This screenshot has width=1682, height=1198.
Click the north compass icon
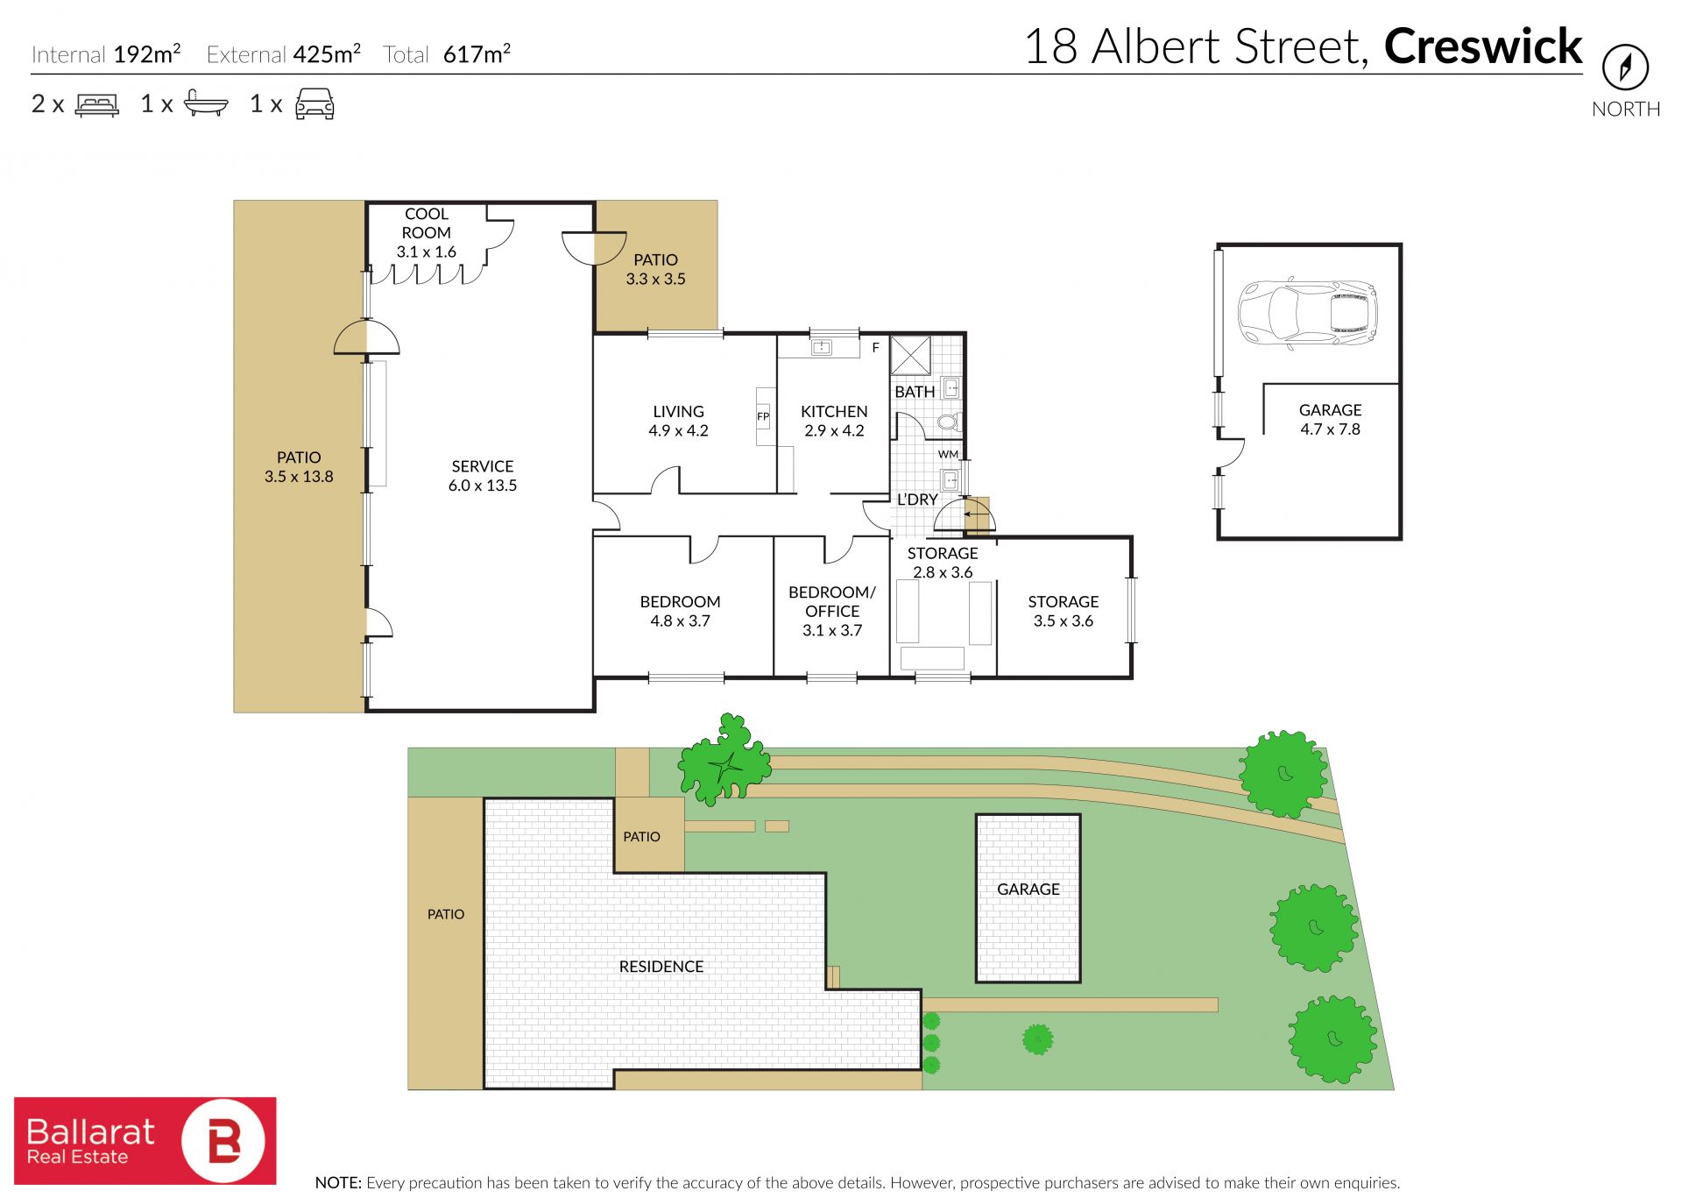pos(1625,67)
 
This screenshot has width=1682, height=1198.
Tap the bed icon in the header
pos(96,105)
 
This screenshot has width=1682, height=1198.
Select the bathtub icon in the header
pos(206,103)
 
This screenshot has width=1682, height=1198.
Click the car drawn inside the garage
pos(1307,313)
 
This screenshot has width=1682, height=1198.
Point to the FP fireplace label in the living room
pos(763,416)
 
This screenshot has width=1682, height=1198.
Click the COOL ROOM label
pos(427,223)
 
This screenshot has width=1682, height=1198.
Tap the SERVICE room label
pos(483,466)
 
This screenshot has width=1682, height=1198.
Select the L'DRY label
pos(917,500)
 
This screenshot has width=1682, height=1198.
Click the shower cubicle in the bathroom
pos(911,355)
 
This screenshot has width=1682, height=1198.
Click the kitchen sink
pos(821,348)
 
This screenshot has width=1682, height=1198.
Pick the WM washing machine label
pos(948,454)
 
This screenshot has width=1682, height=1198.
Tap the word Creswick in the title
pos(1483,46)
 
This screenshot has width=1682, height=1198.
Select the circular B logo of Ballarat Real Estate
pos(223,1141)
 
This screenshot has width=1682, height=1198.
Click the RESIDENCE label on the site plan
pos(661,967)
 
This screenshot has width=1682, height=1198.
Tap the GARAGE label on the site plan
pos(1028,890)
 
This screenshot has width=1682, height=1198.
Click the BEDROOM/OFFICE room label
pos(832,601)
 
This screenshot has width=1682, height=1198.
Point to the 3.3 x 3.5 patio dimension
pos(655,280)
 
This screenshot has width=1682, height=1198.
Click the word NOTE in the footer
pos(337,1183)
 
